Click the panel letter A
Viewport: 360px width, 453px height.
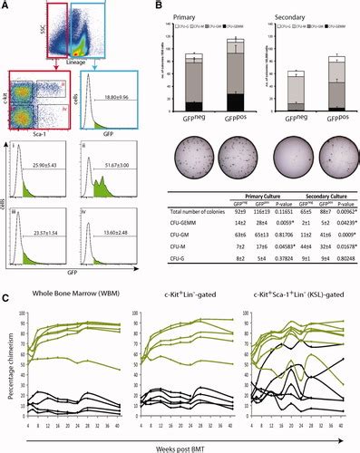pos(7,7)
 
